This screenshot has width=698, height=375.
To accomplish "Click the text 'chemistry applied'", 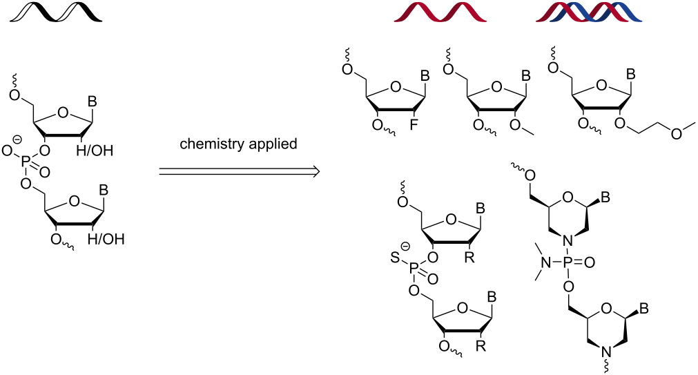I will pos(238,144).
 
